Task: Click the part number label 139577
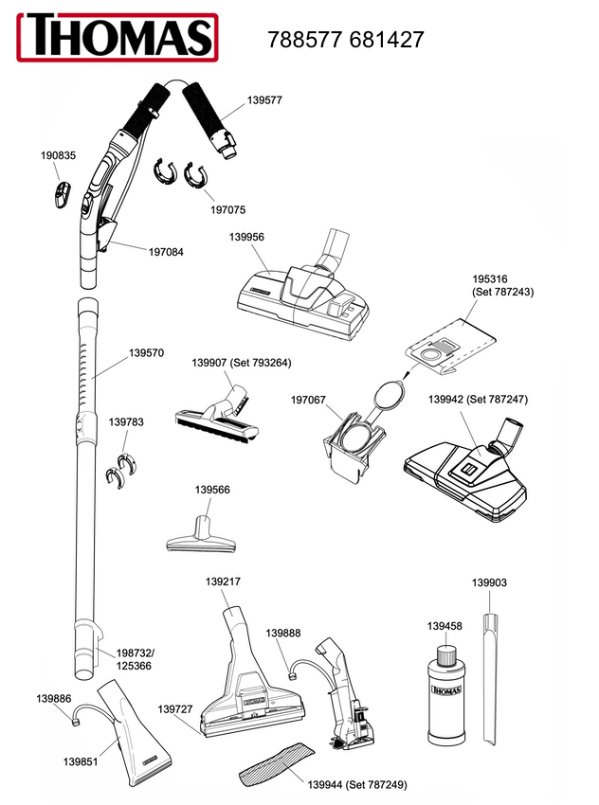tap(264, 99)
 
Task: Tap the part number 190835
tap(59, 155)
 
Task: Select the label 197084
tap(166, 252)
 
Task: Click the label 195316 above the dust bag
tap(491, 279)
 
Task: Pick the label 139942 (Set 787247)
tap(479, 399)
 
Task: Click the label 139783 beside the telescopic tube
tap(126, 422)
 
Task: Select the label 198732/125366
tap(135, 660)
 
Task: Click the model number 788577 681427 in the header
tap(346, 40)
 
